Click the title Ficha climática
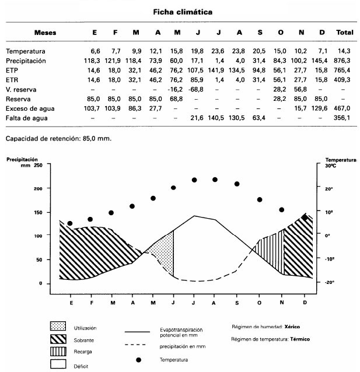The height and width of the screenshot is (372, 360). coord(182,12)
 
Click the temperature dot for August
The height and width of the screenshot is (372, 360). coord(215,180)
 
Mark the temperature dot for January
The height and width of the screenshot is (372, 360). coord(70,223)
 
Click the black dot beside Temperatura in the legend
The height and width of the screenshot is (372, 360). coord(139,360)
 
